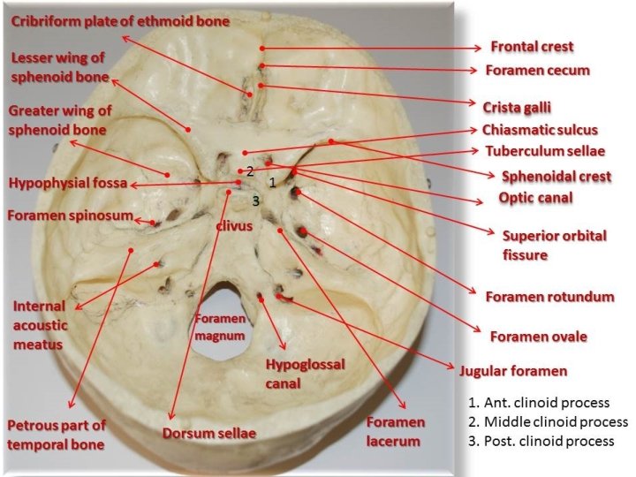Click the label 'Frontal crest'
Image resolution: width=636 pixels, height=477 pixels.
coord(532,46)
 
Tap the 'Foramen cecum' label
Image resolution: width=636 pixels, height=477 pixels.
coord(537,70)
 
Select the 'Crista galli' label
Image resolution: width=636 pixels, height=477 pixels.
coord(517,107)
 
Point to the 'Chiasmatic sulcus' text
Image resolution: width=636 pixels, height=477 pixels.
coord(552,129)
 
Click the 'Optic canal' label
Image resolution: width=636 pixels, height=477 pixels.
coord(535,198)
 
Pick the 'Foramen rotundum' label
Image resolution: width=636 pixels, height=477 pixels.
coord(549,297)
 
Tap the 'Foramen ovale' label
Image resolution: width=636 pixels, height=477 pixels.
coord(539,336)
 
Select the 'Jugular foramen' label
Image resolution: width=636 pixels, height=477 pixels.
coord(513,370)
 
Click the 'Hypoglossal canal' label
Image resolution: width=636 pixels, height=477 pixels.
coord(305,374)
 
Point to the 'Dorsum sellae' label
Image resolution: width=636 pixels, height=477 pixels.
coord(208,434)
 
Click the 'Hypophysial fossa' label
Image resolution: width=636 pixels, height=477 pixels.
coord(68,184)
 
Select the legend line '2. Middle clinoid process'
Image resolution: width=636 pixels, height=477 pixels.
coord(548,421)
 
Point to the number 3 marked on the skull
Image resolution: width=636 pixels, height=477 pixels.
coord(255,200)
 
